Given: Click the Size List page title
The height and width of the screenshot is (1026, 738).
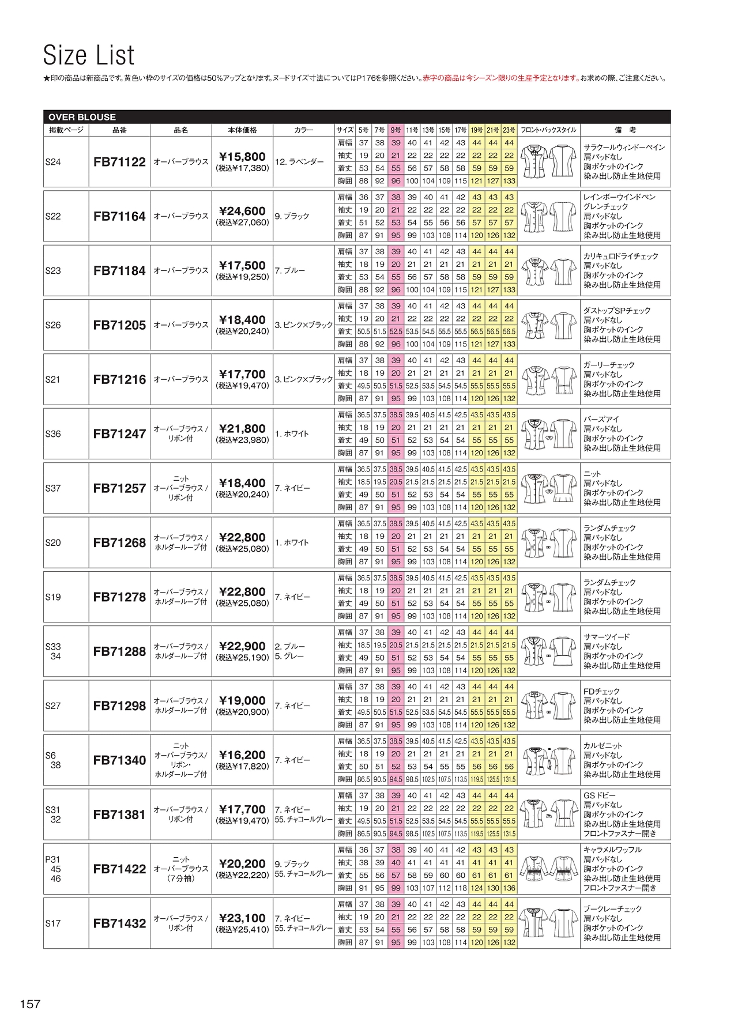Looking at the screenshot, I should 89,55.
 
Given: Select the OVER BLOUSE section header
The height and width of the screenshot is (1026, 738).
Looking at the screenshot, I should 82,117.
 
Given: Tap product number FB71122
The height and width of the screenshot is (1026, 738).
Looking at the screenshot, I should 119,162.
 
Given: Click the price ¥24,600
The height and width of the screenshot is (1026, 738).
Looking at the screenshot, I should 242,211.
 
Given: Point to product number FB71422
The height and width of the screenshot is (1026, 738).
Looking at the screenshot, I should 119,869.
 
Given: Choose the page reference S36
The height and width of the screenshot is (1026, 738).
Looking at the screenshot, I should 53,434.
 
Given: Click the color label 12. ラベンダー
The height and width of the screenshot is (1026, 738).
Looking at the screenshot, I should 299,162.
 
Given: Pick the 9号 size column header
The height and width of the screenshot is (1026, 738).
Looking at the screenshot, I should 396,130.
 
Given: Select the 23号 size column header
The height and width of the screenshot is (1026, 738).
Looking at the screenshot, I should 509,130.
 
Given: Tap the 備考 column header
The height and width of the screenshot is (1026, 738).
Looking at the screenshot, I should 625,130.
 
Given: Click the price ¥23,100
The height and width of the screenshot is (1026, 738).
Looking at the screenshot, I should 242,918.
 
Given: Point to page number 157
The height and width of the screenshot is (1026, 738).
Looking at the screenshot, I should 31,1004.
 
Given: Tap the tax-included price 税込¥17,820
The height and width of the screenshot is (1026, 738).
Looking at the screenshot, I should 242,767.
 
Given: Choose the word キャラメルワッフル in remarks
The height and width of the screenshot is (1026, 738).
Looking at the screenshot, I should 612,850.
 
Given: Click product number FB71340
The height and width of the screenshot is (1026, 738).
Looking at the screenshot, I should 119,760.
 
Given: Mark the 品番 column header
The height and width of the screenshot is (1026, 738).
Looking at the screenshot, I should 119,130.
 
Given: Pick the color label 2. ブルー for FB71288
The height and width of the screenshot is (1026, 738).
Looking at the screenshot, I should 290,647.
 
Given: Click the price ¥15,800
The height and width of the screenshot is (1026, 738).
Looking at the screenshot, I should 242,157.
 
